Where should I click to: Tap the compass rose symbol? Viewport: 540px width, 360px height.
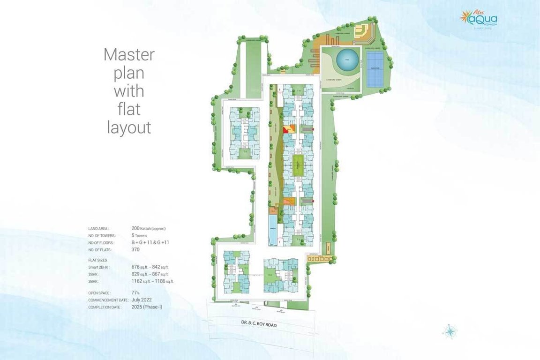pos(450,331)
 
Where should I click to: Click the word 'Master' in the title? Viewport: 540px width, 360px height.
pos(129,54)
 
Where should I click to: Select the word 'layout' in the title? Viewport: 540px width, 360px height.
pos(129,127)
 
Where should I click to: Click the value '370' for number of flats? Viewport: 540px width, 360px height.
pos(136,250)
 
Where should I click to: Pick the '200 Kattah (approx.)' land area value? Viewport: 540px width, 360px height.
pos(149,228)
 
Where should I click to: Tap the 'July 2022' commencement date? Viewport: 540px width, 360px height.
pos(142,300)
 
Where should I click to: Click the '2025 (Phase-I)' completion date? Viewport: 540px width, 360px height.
pos(147,307)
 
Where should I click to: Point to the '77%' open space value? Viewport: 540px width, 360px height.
pos(136,292)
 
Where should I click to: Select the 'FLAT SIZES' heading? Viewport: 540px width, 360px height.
pos(97,259)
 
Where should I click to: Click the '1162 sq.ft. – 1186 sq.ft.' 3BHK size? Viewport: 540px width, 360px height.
pos(153,281)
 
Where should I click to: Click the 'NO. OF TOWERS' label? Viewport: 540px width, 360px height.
pos(102,236)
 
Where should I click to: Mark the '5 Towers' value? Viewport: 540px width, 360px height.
pos(139,236)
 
